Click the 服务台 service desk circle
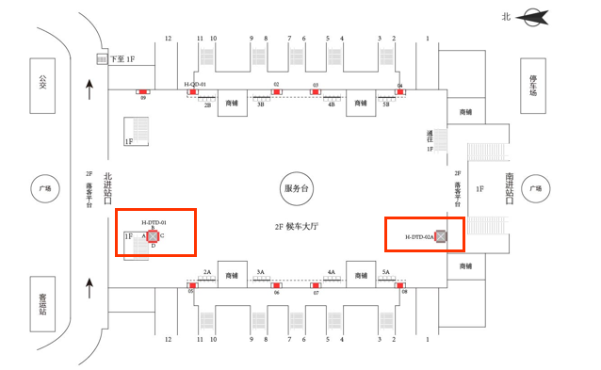(x=296, y=189)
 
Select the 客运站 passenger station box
(x=42, y=304)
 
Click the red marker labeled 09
(x=143, y=90)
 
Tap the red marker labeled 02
(x=276, y=91)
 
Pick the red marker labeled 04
(x=400, y=91)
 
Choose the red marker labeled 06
(x=276, y=284)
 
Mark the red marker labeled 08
(x=403, y=284)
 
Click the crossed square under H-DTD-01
(x=153, y=235)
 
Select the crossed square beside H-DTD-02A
(x=441, y=236)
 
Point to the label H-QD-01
(x=195, y=85)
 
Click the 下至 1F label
(x=123, y=59)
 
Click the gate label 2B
(x=207, y=105)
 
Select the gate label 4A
(x=332, y=271)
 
